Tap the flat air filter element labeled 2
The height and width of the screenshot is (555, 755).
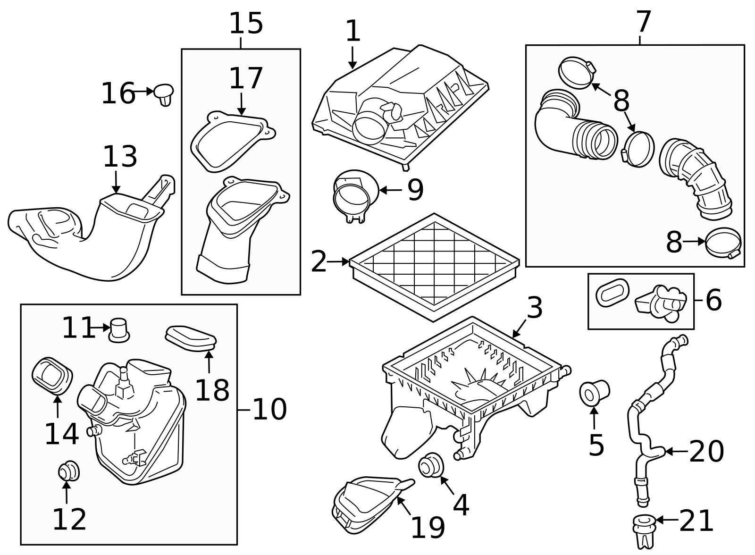(x=434, y=267)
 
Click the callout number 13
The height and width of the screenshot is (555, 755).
(x=120, y=157)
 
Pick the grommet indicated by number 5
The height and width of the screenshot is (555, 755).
(x=594, y=392)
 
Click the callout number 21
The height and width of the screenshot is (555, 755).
(x=696, y=521)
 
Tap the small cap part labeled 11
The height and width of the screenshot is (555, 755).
(x=119, y=329)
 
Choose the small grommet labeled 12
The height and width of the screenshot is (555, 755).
(x=68, y=471)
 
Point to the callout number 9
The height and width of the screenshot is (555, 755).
(x=415, y=190)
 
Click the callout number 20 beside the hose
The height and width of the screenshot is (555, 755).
(x=706, y=452)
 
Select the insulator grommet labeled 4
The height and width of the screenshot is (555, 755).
(x=431, y=465)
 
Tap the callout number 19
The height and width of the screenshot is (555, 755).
(x=428, y=527)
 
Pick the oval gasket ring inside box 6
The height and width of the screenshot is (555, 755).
(x=613, y=292)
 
